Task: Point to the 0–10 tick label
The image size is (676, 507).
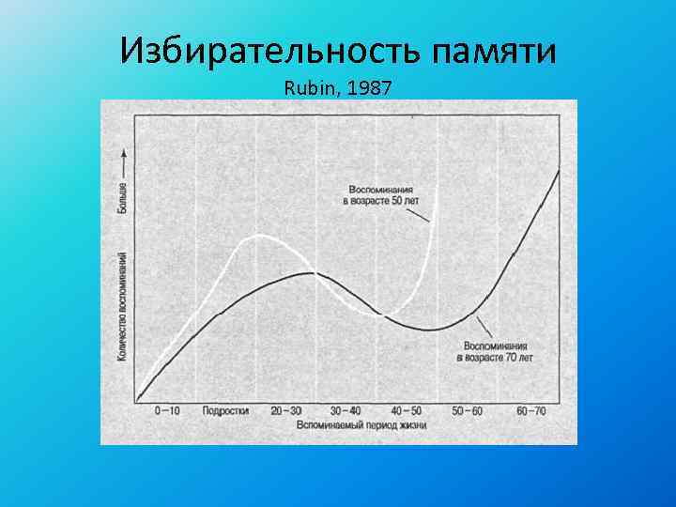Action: click(x=167, y=410)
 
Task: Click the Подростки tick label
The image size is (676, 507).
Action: click(x=226, y=410)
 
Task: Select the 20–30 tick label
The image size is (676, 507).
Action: click(x=285, y=410)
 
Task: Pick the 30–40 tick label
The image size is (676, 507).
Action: click(x=346, y=410)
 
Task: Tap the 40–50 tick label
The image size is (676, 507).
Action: click(x=407, y=410)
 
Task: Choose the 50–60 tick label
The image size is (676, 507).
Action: click(x=467, y=410)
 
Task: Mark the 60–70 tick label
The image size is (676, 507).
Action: click(x=530, y=410)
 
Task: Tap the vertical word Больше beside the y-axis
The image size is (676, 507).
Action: click(x=122, y=197)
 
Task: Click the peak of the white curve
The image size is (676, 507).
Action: click(x=256, y=236)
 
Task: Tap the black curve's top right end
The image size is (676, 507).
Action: click(x=559, y=170)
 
